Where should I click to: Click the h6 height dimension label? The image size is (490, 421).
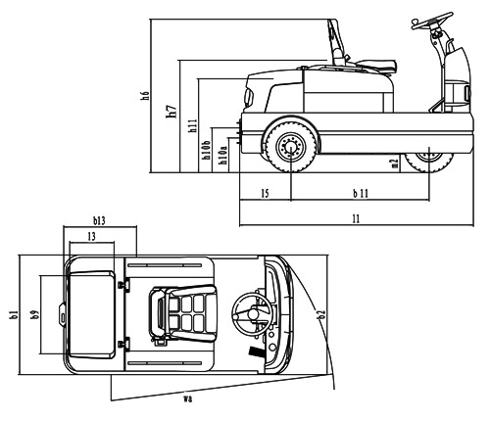click(146, 95)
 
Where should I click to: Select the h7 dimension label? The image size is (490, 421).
click(172, 111)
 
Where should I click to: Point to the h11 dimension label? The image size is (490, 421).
click(192, 125)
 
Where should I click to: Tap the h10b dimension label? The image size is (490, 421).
click(206, 151)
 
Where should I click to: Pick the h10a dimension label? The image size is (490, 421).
click(223, 155)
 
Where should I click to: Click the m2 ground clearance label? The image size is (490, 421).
click(395, 164)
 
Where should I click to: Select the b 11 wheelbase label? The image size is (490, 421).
click(361, 193)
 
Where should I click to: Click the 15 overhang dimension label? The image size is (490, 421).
click(266, 193)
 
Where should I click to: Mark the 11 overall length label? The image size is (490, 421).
click(357, 218)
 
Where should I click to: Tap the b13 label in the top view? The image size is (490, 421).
click(99, 221)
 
